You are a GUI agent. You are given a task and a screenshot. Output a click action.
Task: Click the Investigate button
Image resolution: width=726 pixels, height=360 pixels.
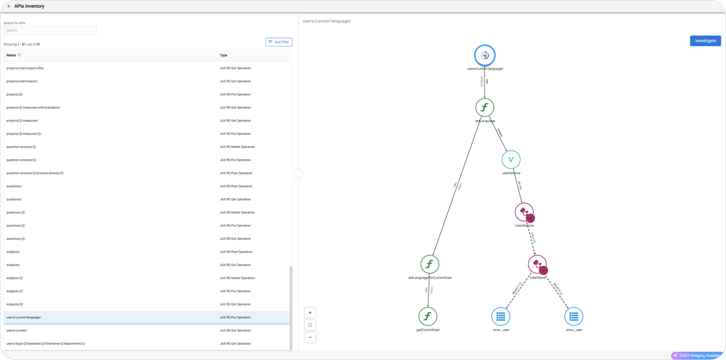pyautogui.click(x=705, y=41)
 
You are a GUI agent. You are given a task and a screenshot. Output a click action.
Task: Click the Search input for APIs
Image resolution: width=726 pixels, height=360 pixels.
pyautogui.click(x=50, y=31)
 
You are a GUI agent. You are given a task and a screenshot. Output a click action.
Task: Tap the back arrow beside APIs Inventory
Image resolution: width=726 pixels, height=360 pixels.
pyautogui.click(x=9, y=6)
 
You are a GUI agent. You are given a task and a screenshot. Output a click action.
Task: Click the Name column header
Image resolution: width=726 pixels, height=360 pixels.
pyautogui.click(x=11, y=55)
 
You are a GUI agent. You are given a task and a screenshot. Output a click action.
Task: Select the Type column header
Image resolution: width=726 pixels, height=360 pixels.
pyautogui.click(x=223, y=55)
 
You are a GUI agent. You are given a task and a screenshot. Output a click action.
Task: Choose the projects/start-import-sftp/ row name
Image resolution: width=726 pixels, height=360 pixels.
pyautogui.click(x=25, y=68)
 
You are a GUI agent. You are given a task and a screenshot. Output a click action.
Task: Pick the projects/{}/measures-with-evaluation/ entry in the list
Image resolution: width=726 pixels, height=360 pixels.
pyautogui.click(x=34, y=108)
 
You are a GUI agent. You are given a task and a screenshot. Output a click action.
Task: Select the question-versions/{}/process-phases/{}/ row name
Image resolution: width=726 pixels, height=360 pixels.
pyautogui.click(x=35, y=173)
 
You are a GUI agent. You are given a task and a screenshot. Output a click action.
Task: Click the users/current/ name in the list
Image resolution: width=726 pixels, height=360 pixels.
pyautogui.click(x=17, y=331)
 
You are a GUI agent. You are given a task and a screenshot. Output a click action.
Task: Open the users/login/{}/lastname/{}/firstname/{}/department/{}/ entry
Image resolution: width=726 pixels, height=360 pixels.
pyautogui.click(x=46, y=344)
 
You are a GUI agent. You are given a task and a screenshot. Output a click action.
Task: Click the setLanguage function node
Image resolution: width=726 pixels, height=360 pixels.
pyautogui.click(x=485, y=107)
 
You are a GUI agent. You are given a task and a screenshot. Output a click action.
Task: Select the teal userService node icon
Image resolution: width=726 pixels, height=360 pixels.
pyautogui.click(x=511, y=160)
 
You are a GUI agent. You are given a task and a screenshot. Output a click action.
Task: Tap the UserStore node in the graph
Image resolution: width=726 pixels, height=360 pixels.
pyautogui.click(x=537, y=264)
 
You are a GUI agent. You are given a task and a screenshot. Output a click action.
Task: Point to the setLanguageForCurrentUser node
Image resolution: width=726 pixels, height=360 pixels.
pyautogui.click(x=430, y=264)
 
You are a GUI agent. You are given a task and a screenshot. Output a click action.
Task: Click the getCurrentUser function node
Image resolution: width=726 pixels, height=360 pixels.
pyautogui.click(x=428, y=316)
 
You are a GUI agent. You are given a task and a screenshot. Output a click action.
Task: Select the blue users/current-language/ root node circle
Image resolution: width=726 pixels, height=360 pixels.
pyautogui.click(x=485, y=55)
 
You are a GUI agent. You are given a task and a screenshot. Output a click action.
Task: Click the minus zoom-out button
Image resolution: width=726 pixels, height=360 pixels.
pyautogui.click(x=310, y=337)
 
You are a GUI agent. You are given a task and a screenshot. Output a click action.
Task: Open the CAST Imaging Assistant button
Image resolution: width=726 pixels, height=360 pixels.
pyautogui.click(x=698, y=355)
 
